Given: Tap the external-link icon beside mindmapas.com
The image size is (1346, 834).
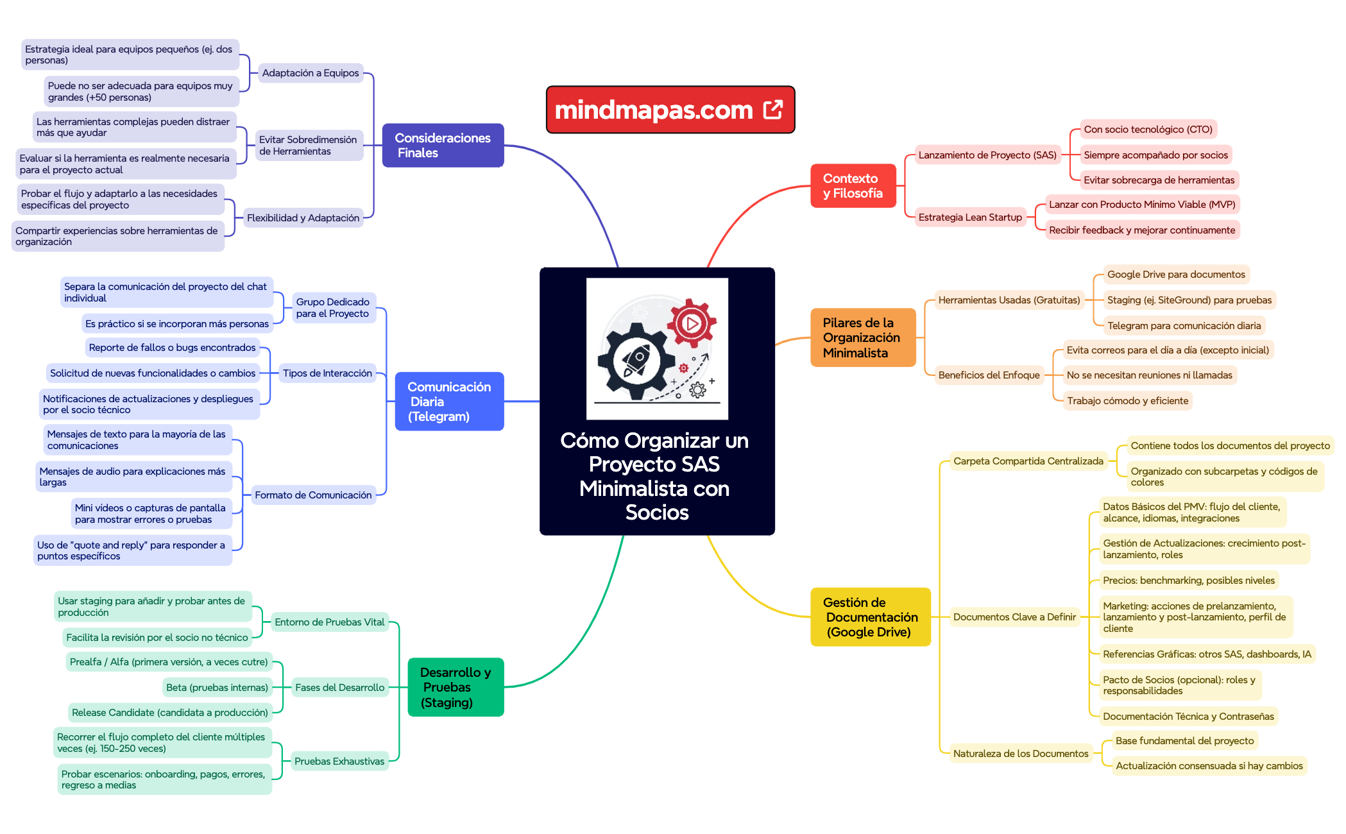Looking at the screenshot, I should [773, 110].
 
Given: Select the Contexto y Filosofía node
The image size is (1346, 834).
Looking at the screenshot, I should [853, 186].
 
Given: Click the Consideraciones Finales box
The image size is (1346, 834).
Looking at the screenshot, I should [443, 146].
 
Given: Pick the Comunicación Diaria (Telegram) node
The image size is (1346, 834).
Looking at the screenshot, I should [449, 402].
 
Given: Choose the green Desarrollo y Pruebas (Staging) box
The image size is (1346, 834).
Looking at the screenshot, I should [456, 687].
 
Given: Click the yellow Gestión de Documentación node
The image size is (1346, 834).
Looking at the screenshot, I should [870, 617].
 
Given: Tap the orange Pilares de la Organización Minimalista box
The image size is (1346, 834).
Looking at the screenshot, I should [862, 337].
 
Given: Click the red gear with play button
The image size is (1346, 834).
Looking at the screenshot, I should [691, 323].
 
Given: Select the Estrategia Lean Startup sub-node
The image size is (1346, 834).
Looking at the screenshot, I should [969, 217].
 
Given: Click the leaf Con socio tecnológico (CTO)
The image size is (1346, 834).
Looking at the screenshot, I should [1148, 130].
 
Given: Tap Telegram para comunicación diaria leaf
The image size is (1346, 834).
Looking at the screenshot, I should [1184, 326].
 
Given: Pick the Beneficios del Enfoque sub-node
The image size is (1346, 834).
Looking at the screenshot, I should [989, 375].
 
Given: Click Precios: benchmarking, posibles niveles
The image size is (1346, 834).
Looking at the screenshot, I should [1188, 581].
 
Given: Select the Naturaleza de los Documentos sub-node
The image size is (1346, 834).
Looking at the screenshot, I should [1020, 754].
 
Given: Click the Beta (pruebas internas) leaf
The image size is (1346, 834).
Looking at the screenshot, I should [217, 688].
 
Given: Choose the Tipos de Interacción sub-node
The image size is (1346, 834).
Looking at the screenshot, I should [327, 373].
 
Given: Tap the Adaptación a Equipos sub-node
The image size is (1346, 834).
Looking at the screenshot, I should [311, 73].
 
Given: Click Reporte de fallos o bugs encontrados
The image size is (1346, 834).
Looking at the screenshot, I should [172, 348].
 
